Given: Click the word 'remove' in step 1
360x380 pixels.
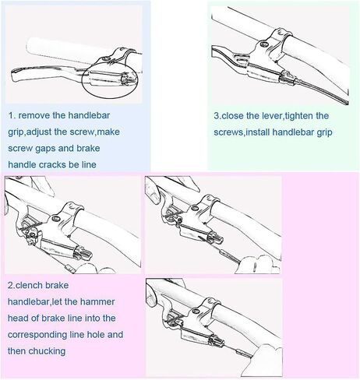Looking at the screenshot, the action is click(34, 115).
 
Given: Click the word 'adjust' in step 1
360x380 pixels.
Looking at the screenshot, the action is click(39, 132).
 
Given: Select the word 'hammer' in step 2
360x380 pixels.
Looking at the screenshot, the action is click(97, 302).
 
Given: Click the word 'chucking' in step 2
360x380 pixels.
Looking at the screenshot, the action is click(47, 351).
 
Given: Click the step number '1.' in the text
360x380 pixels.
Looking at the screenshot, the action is click(12, 115).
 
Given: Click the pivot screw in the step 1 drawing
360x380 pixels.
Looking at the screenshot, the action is click(106, 58).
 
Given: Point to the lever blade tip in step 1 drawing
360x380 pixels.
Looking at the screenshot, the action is click(13, 75).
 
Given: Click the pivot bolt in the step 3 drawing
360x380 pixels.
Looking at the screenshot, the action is click(264, 44).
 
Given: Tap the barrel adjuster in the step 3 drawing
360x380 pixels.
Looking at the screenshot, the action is click(288, 77).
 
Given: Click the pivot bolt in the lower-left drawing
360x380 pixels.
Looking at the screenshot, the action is click(55, 218).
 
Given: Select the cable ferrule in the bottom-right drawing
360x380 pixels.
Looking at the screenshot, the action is click(239, 352).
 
